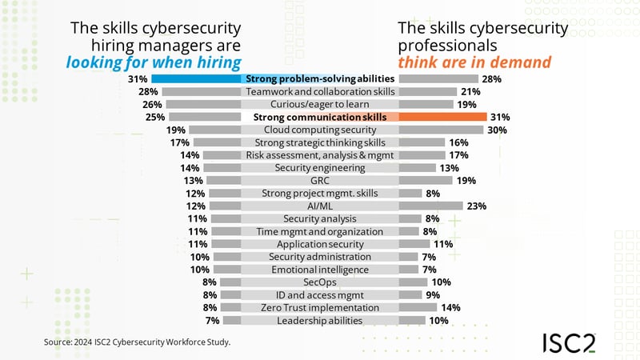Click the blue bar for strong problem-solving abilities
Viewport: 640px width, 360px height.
[196, 79]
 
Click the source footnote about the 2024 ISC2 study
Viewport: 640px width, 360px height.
[137, 342]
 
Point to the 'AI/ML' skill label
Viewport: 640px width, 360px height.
[319, 206]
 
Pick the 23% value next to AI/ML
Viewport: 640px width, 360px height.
[476, 206]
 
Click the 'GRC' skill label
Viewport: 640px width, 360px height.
[319, 180]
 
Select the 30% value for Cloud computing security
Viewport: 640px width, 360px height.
[497, 130]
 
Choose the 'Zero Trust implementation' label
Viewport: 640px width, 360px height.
[319, 308]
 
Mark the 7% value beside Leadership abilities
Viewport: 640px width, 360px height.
[212, 321]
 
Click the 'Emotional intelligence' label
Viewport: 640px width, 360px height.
[319, 270]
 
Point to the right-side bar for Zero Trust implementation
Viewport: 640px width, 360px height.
[418, 308]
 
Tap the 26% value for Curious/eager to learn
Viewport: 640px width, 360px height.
[152, 104]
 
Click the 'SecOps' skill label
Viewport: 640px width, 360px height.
[319, 282]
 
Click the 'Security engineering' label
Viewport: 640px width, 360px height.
[319, 168]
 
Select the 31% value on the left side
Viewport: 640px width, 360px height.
[137, 79]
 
